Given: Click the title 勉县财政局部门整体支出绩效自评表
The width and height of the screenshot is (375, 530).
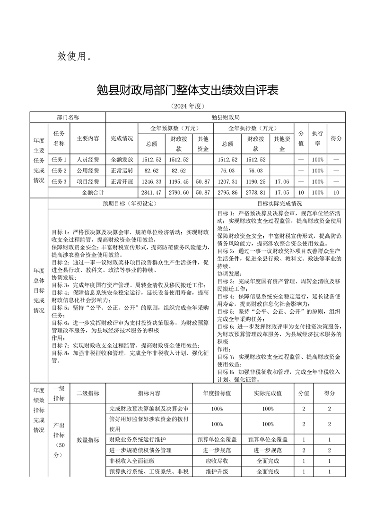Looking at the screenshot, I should click(187, 90).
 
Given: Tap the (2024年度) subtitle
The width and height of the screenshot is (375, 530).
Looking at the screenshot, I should click(187, 107).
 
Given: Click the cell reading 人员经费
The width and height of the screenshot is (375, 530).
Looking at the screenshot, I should click(88, 160).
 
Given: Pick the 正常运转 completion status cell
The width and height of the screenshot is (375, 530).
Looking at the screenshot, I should click(122, 171).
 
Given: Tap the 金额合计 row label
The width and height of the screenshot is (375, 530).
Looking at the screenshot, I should click(93, 192).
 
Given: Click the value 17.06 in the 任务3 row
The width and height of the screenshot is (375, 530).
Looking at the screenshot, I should click(282, 181).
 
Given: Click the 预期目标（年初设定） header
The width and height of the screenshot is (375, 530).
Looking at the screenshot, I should click(130, 204).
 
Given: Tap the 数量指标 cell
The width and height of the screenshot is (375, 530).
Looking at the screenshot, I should click(87, 440).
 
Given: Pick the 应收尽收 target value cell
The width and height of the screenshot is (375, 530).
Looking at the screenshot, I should click(217, 461).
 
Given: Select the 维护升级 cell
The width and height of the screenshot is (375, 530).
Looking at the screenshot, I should click(217, 471).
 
